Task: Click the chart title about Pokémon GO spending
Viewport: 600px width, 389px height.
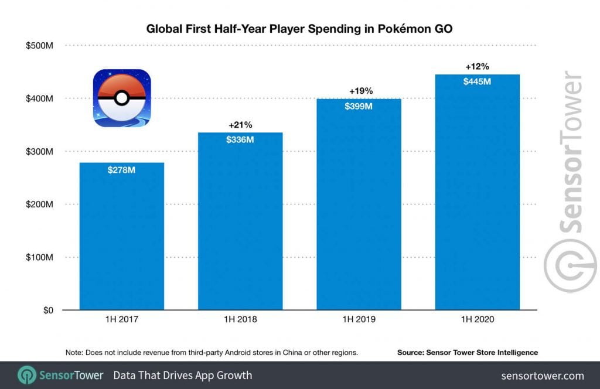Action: pos(299,28)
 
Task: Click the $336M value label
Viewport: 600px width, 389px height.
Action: pos(240,141)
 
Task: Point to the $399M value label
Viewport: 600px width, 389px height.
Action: pos(359,107)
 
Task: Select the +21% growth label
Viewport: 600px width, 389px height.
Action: pos(240,125)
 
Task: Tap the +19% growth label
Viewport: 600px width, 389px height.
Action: pos(359,91)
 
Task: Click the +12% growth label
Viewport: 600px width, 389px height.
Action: pos(477,66)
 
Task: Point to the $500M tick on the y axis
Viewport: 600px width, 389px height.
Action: pos(40,46)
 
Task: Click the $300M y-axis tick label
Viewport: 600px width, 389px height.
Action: pos(40,152)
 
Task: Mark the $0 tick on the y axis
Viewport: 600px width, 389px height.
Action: pos(49,310)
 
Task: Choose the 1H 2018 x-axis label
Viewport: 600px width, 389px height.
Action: pos(240,320)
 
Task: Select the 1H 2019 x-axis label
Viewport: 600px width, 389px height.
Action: pos(359,320)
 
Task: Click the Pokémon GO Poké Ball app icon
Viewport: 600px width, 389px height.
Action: pos(122,98)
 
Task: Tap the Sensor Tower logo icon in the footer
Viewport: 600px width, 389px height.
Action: pos(28,376)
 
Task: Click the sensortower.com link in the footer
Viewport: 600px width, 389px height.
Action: pos(543,376)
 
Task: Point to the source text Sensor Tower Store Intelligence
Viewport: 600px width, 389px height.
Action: pos(467,352)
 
